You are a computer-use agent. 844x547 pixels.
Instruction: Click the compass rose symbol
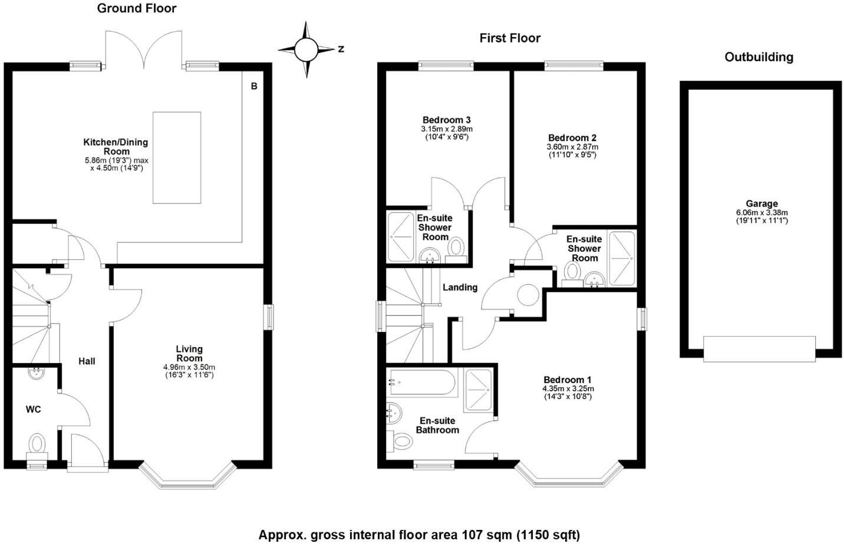[306, 50]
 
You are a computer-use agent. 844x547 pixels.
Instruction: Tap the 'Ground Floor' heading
[136, 8]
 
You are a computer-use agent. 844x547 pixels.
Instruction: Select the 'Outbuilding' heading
[759, 57]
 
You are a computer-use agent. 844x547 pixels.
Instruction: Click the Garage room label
[761, 204]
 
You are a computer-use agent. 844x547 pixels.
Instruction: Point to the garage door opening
[759, 348]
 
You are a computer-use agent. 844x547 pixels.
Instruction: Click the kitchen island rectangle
[177, 157]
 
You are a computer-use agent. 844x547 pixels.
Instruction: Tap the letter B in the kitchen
[254, 87]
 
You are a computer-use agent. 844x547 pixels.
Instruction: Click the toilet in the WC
[37, 443]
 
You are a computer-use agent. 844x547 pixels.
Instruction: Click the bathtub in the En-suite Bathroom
[422, 384]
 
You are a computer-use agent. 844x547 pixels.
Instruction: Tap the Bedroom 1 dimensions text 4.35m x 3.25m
[568, 389]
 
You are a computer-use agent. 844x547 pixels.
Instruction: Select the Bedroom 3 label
[446, 120]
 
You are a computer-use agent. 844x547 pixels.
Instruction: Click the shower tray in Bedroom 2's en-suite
[622, 258]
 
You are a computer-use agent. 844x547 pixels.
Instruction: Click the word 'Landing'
[460, 288]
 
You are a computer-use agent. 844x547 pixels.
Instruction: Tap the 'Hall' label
[87, 361]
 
